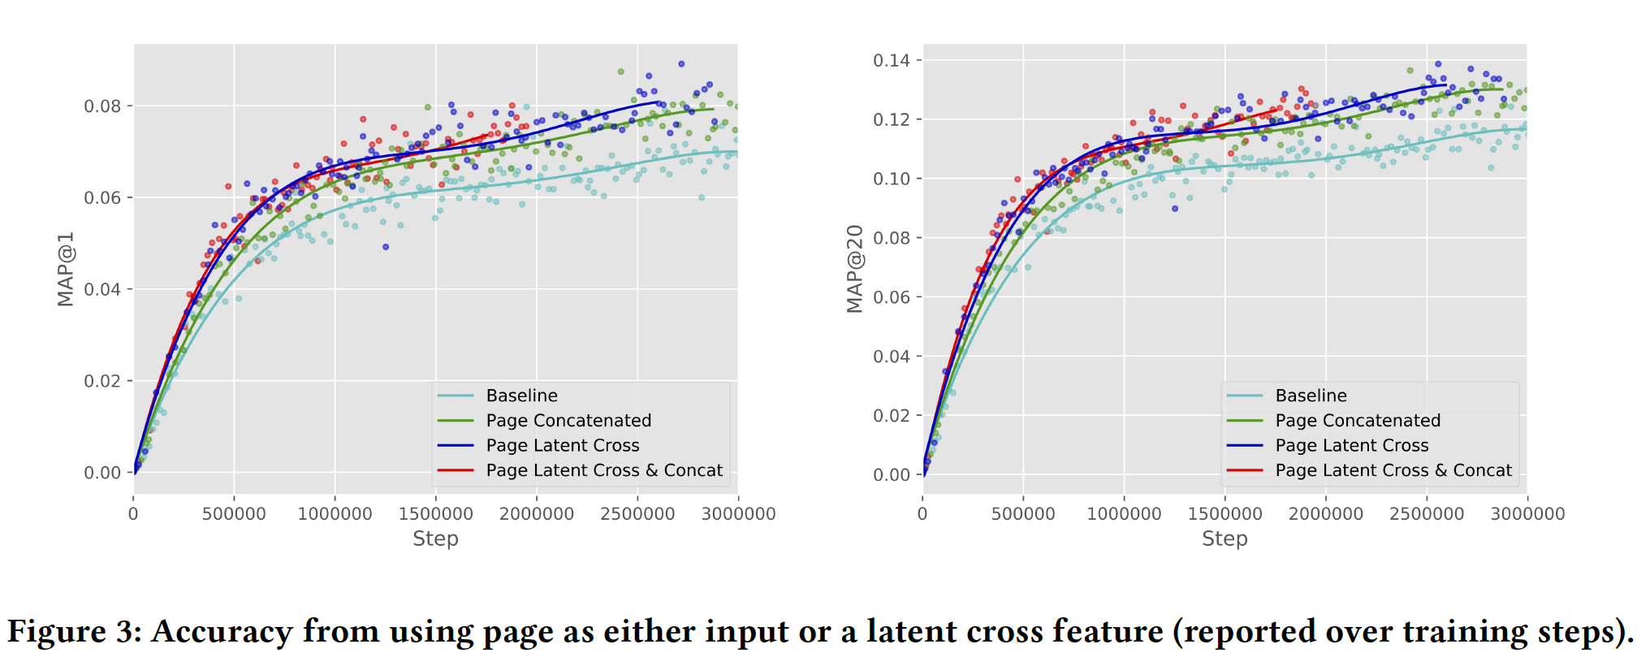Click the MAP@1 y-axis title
point(66,269)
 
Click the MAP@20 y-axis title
point(855,269)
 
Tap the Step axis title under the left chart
point(435,538)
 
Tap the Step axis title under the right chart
point(1225,538)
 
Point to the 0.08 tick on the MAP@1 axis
point(102,106)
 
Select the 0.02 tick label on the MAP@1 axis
point(102,381)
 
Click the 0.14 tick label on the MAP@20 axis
point(892,60)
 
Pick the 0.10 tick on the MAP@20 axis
point(892,179)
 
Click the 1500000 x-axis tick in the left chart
point(435,514)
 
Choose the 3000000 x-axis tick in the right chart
point(1527,514)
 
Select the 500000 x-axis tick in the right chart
point(1023,514)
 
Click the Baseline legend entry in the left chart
point(521,396)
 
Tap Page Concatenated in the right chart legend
point(1358,421)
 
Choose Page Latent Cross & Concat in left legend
point(604,470)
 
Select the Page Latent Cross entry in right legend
point(1352,445)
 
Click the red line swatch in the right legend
point(1245,470)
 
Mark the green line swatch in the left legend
point(456,421)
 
